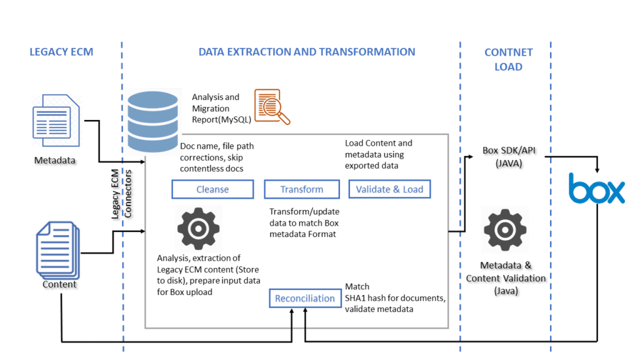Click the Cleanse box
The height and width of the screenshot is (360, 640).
click(212, 189)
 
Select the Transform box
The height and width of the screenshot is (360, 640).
click(302, 189)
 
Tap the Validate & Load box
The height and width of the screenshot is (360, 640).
click(389, 189)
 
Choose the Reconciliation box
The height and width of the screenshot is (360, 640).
click(305, 298)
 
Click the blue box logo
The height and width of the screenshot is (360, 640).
click(596, 189)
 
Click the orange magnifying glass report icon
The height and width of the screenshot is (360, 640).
click(271, 107)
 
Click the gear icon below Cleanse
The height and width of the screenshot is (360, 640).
click(199, 229)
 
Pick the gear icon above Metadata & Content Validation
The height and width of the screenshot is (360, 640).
click(505, 230)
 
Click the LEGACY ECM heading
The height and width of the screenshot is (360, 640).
click(61, 52)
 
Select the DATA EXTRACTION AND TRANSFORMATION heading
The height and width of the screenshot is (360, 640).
click(306, 52)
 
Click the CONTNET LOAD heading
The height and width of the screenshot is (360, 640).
click(508, 59)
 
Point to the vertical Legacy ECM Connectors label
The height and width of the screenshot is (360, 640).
click(120, 194)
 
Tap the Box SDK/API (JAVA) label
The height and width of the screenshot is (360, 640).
click(507, 157)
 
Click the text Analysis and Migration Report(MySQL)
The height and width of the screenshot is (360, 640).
click(216, 108)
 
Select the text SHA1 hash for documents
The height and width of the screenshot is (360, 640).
click(395, 298)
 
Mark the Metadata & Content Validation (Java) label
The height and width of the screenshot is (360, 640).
click(506, 277)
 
